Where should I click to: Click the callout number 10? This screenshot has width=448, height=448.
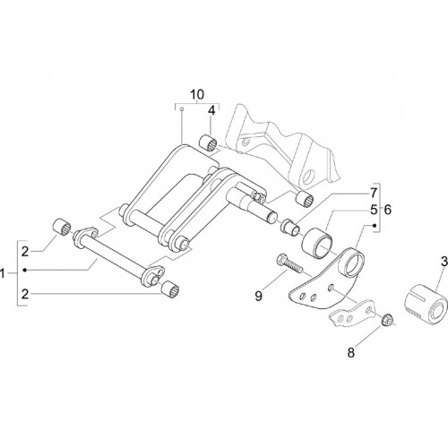pos(197,94)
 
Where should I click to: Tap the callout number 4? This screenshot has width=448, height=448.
pos(211,111)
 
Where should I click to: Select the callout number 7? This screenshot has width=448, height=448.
pos(374,194)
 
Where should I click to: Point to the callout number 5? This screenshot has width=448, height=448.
pos(374,210)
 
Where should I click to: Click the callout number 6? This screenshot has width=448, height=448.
pos(387,210)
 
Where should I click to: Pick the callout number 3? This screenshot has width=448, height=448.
pos(444,262)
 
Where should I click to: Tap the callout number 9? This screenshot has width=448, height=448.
pos(259,297)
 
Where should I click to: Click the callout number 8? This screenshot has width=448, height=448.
pos(351,353)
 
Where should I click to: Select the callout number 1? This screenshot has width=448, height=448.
pos(3,273)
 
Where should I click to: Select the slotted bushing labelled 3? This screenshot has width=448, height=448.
pos(426,304)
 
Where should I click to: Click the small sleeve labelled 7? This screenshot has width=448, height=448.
pos(289,227)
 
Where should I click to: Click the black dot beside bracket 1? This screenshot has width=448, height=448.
pos(25,271)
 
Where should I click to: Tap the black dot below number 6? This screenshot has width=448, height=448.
pos(374,226)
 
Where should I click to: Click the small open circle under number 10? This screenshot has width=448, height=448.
pos(181,109)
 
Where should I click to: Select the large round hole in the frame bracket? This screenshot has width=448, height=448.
pos(308,176)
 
